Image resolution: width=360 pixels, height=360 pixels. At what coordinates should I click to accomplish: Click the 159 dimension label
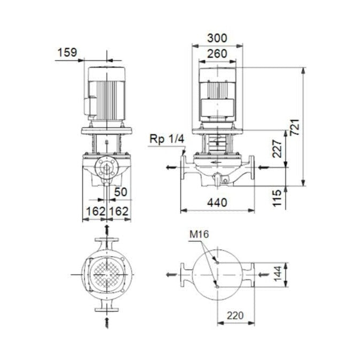pyautogui.click(x=67, y=52)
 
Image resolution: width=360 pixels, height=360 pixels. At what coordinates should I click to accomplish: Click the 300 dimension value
pyautogui.click(x=217, y=38)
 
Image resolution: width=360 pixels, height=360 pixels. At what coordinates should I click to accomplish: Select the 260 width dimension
pyautogui.click(x=217, y=53)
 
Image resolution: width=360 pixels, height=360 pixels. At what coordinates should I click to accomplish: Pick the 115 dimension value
pyautogui.click(x=277, y=198)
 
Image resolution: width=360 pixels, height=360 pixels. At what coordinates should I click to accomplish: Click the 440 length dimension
pyautogui.click(x=217, y=203)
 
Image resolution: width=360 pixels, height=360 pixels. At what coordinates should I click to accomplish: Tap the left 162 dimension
pyautogui.click(x=96, y=211)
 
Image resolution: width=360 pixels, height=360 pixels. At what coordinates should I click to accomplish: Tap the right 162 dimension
pyautogui.click(x=119, y=211)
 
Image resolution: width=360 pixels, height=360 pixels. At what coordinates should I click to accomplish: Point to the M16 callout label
pyautogui.click(x=198, y=234)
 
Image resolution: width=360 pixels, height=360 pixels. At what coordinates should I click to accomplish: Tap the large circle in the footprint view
pyautogui.click(x=217, y=274)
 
